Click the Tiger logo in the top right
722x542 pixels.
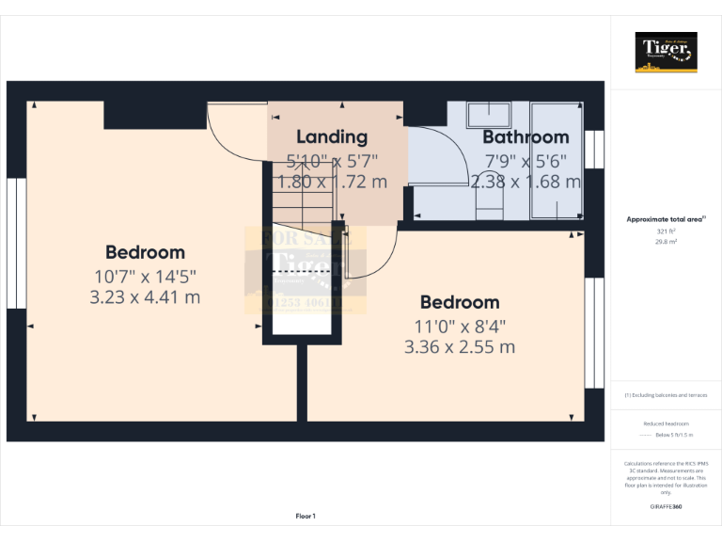tap(667, 52)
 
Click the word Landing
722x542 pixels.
tap(332, 137)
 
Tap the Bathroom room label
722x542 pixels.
tap(526, 137)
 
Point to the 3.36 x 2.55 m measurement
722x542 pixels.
tap(460, 346)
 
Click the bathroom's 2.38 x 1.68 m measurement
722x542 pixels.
tap(526, 182)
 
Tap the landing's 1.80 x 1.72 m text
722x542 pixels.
tap(332, 182)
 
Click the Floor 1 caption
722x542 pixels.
tap(306, 516)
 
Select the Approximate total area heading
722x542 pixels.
tap(666, 219)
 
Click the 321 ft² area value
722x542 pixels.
tap(666, 231)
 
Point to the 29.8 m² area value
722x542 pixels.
tap(666, 241)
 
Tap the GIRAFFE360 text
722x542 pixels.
tap(666, 507)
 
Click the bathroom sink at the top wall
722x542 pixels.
tap(489, 114)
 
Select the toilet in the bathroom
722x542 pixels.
tap(491, 203)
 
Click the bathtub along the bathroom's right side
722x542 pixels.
tap(555, 160)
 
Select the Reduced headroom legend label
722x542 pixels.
tap(666, 424)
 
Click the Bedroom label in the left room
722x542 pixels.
tap(145, 252)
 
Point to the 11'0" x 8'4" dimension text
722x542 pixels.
tap(460, 326)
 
